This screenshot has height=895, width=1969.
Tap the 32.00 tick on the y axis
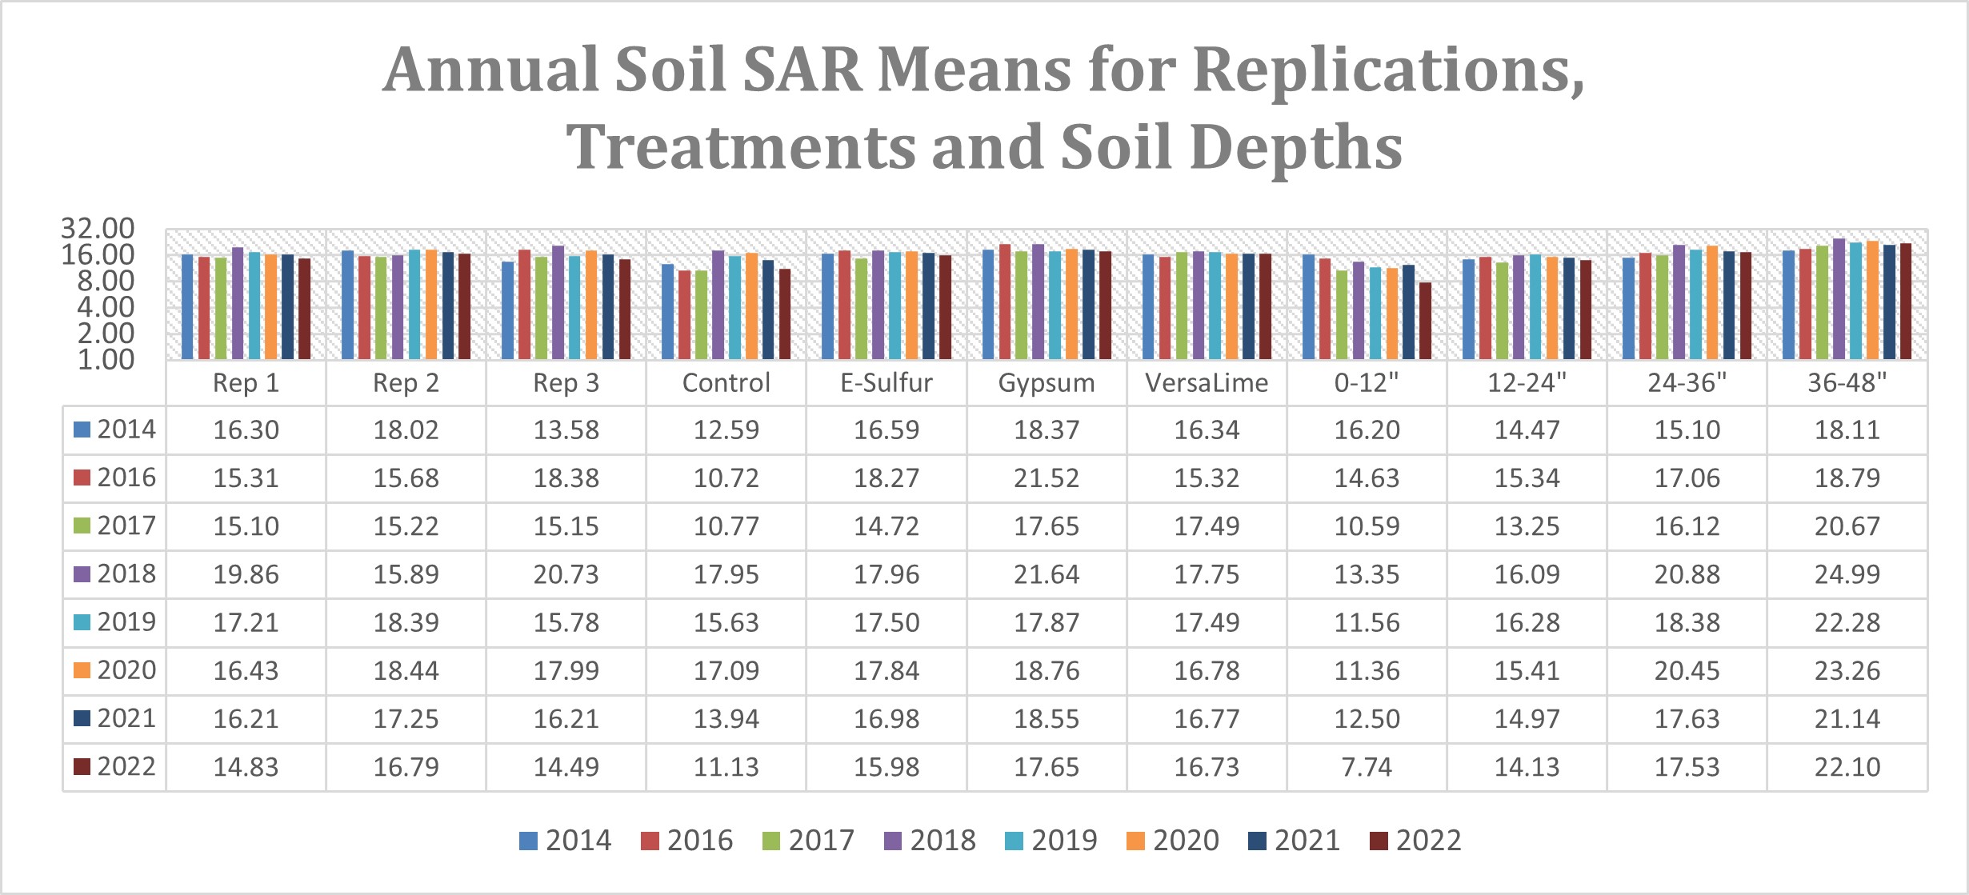(x=98, y=229)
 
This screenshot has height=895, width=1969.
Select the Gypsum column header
(x=1046, y=383)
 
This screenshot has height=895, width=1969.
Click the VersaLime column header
(x=1206, y=383)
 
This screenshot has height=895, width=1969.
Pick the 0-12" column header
(x=1366, y=383)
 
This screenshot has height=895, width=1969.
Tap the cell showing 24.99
(x=1847, y=574)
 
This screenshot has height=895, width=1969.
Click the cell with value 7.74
(x=1366, y=767)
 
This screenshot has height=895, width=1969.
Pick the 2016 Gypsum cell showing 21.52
(x=1046, y=478)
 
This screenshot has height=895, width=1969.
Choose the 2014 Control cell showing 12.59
(x=726, y=430)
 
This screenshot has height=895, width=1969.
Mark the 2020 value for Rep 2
(x=406, y=670)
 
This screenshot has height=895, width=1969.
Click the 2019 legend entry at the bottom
(x=1051, y=841)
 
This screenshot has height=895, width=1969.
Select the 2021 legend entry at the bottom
(x=1294, y=841)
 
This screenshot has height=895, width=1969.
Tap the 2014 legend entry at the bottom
(x=565, y=841)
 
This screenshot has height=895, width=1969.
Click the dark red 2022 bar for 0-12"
(x=1425, y=322)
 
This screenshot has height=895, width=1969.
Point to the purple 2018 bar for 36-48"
(x=1839, y=299)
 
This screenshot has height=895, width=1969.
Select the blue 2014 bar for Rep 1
(x=187, y=307)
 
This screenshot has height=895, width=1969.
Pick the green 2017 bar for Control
(x=701, y=315)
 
